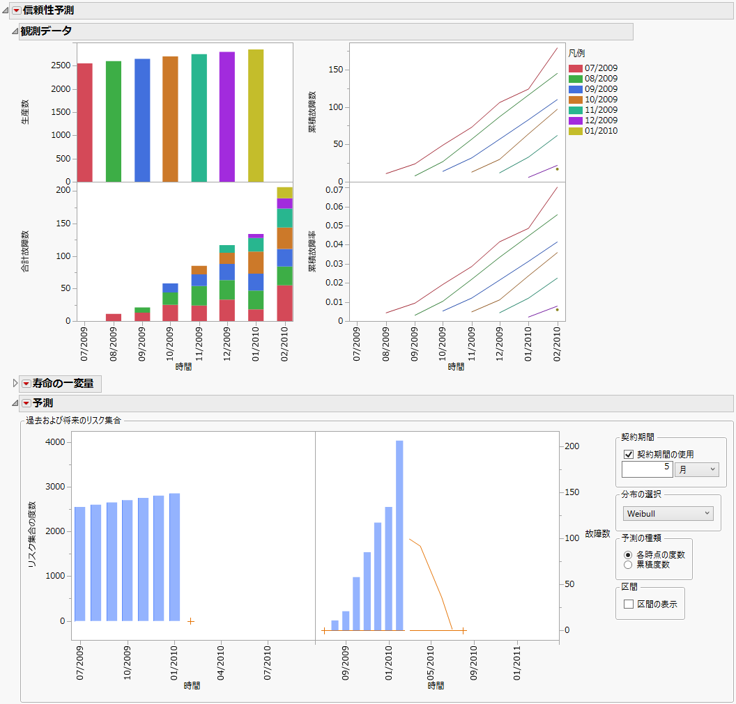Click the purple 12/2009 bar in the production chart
point(227,116)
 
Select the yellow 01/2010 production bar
point(256,115)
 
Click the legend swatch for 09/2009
point(575,89)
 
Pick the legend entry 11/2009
point(601,110)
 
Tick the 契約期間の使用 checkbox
point(629,455)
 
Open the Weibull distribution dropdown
point(668,514)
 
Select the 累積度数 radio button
point(628,565)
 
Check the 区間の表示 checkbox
point(629,604)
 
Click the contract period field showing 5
point(647,470)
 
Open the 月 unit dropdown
point(696,470)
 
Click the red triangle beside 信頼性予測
point(16,10)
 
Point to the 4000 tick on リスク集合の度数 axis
point(55,442)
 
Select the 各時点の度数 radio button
point(628,555)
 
